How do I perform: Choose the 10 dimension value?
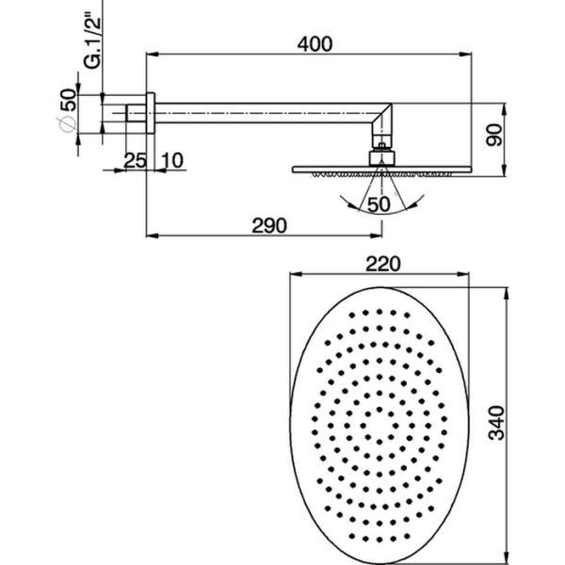pos(170,160)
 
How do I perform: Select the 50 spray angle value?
pos(379,204)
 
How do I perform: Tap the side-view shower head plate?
pos(380,169)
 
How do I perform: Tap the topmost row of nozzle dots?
pos(381,310)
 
